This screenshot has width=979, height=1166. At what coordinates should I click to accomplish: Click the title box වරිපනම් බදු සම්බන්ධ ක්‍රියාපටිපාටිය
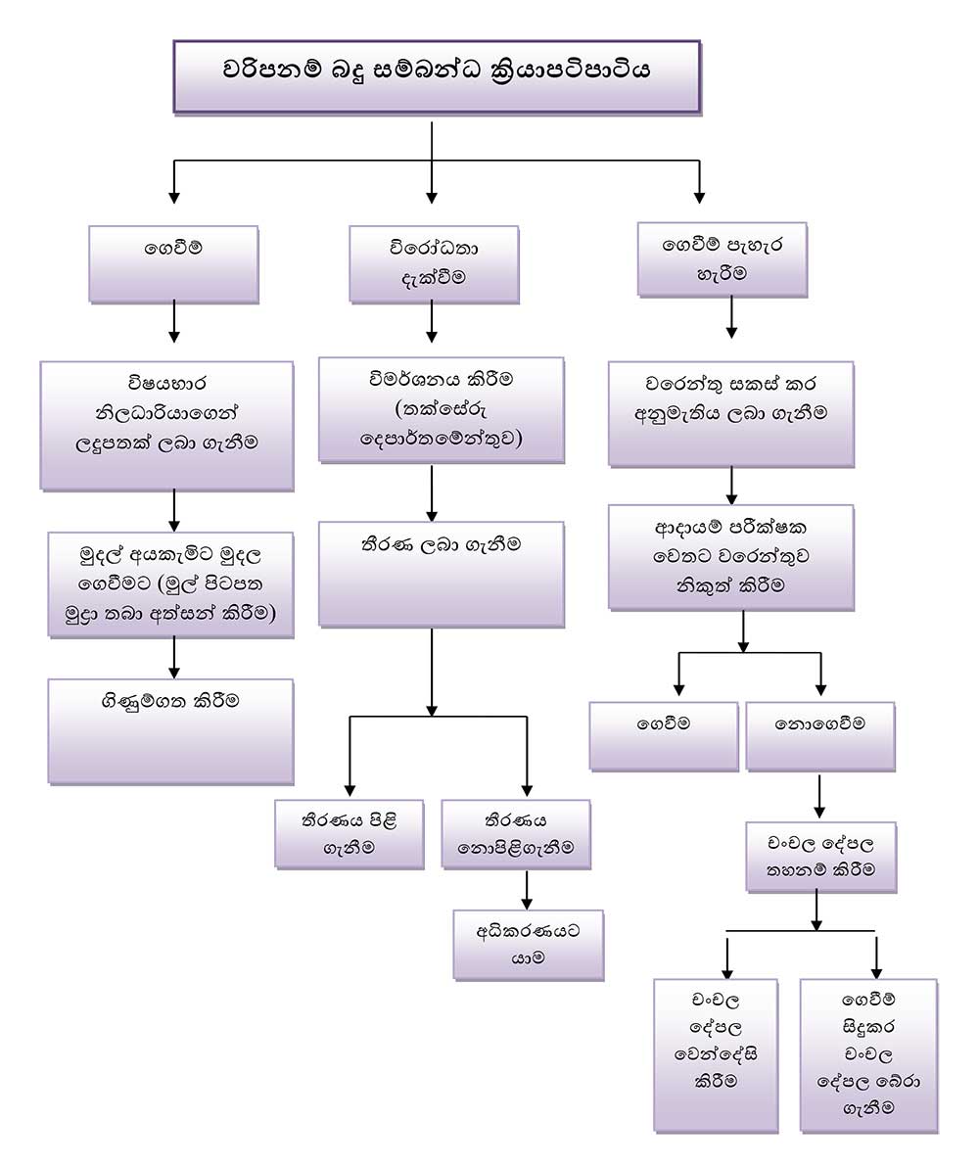[437, 74]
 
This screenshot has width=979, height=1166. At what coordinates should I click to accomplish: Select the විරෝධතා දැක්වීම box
[434, 262]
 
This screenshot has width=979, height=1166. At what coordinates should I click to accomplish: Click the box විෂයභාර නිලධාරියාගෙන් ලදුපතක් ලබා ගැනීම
[166, 424]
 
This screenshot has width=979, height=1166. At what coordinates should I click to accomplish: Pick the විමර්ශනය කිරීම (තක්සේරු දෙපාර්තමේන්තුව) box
[441, 408]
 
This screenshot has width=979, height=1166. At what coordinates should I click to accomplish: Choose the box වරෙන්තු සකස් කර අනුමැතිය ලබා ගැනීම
[730, 412]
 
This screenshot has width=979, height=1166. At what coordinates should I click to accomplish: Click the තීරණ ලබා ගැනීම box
[441, 573]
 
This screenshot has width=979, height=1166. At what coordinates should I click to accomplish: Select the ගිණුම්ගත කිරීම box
[170, 730]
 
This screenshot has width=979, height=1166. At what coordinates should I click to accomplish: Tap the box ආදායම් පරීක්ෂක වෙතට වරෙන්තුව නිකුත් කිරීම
[730, 557]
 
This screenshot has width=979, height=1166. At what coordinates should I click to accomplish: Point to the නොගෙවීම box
[819, 734]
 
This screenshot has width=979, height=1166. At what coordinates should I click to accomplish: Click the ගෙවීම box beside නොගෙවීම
[663, 734]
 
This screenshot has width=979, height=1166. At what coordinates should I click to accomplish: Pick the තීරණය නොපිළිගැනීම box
[516, 833]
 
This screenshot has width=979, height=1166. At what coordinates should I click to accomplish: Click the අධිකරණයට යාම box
[529, 944]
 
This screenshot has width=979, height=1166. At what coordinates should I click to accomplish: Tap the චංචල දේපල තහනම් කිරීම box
[820, 856]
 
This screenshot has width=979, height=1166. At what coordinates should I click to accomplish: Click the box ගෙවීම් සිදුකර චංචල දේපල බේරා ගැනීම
[867, 1054]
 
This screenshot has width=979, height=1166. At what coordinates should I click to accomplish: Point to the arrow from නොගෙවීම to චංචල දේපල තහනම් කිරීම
[819, 796]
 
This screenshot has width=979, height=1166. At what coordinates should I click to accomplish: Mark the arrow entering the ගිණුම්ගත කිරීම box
[174, 658]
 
